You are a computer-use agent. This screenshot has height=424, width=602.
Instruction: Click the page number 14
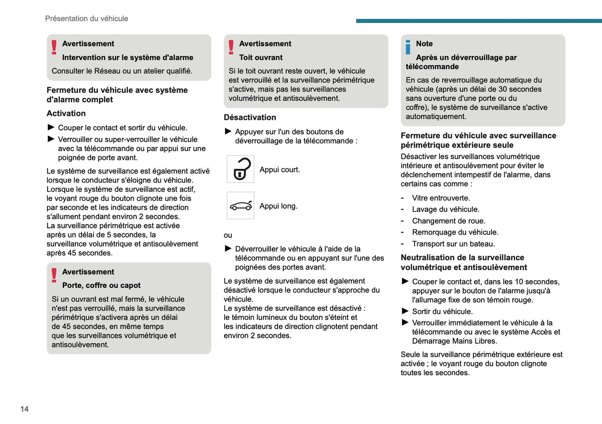25,409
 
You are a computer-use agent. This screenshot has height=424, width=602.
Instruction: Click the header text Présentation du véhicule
86,19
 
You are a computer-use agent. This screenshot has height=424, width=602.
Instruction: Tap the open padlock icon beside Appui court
240,169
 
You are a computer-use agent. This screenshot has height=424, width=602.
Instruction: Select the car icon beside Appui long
240,206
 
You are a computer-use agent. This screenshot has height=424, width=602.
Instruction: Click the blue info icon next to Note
408,47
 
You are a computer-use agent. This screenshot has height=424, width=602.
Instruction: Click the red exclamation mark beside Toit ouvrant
231,47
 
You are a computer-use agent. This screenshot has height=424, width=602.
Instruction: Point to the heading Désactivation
250,117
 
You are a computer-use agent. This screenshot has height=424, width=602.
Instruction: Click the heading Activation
66,113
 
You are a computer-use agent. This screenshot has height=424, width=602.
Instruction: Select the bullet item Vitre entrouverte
441,198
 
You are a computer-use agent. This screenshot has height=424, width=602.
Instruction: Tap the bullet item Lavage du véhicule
445,210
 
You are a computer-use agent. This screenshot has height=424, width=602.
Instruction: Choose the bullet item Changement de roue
448,221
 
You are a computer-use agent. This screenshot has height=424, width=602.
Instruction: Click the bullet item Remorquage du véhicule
455,232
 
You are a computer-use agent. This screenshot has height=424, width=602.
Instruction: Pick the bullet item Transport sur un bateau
453,244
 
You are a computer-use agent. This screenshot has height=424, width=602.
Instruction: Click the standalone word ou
228,235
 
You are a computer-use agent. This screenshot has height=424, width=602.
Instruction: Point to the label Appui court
280,170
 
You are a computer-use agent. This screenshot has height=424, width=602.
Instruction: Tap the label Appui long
278,206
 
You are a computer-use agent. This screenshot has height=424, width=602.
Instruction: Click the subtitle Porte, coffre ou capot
101,285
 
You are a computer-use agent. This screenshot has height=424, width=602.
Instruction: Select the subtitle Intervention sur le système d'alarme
127,57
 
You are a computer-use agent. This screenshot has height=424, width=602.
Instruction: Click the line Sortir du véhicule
442,312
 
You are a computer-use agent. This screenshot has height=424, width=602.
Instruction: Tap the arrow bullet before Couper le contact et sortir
51,127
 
